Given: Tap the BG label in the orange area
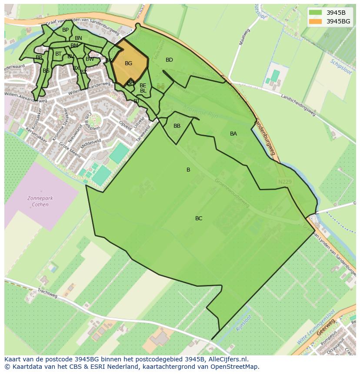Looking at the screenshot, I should (x=128, y=63).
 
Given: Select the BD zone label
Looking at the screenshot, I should (x=169, y=60).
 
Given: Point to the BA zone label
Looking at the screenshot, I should (x=233, y=134).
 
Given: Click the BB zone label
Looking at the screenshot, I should (x=177, y=126).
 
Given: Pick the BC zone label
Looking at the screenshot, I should (x=199, y=218).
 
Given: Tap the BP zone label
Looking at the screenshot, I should (x=65, y=30).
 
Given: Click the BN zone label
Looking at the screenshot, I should (x=78, y=38).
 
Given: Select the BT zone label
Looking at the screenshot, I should (x=58, y=54).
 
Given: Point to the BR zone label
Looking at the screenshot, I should (x=39, y=57).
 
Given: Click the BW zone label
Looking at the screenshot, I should (x=90, y=59).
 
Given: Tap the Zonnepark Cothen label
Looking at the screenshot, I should (x=40, y=202).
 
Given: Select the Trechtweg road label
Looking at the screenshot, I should (x=47, y=293).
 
